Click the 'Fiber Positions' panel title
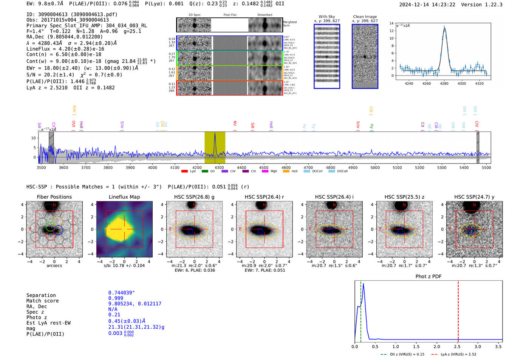coord(54,197)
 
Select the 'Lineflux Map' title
coord(124,197)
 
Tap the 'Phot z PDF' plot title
coord(428,277)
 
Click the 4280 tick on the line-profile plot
coord(444,83)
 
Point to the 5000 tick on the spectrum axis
coord(375,167)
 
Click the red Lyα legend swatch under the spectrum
coord(184,171)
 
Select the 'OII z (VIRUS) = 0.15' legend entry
coord(402,354)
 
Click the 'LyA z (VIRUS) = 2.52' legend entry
coord(453,354)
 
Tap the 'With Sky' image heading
coord(326,17)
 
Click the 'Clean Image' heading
coord(365,17)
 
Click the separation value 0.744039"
coord(121,293)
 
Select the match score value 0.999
coord(116,298)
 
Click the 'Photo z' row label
coord(37,317)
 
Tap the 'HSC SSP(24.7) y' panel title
coord(474,197)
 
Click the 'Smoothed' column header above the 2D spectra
coord(264,15)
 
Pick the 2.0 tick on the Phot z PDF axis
coord(436,346)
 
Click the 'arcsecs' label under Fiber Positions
coord(54,266)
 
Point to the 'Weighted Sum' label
coord(290,24)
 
